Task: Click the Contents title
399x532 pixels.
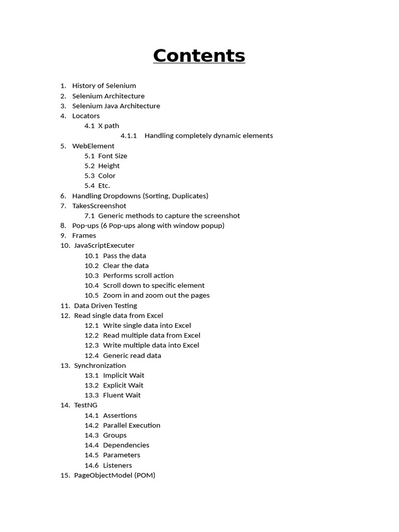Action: pyautogui.click(x=199, y=56)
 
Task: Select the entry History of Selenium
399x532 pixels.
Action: pyautogui.click(x=104, y=86)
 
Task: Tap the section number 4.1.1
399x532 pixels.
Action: pyautogui.click(x=128, y=136)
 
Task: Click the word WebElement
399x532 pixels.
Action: pyautogui.click(x=93, y=146)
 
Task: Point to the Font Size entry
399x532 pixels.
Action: pyautogui.click(x=112, y=156)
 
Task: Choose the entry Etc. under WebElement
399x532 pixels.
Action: pyautogui.click(x=104, y=185)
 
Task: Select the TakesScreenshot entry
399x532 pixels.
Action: pyautogui.click(x=99, y=206)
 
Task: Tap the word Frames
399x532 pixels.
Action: pyautogui.click(x=84, y=235)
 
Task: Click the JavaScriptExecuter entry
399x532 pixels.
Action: pyautogui.click(x=104, y=245)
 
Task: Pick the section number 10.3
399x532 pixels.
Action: pyautogui.click(x=91, y=275)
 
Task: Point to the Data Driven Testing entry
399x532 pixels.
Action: pyautogui.click(x=105, y=305)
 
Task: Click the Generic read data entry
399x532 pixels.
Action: pyautogui.click(x=132, y=355)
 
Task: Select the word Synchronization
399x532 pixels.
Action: pyautogui.click(x=100, y=365)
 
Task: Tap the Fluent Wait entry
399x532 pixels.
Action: pyautogui.click(x=122, y=395)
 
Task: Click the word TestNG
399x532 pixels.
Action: pyautogui.click(x=86, y=405)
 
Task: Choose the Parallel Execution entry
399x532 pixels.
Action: pyautogui.click(x=131, y=425)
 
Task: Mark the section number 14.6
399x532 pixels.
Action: pyautogui.click(x=91, y=465)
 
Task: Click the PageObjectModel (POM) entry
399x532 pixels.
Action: pyautogui.click(x=114, y=475)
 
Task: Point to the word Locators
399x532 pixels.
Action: pyautogui.click(x=86, y=116)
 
